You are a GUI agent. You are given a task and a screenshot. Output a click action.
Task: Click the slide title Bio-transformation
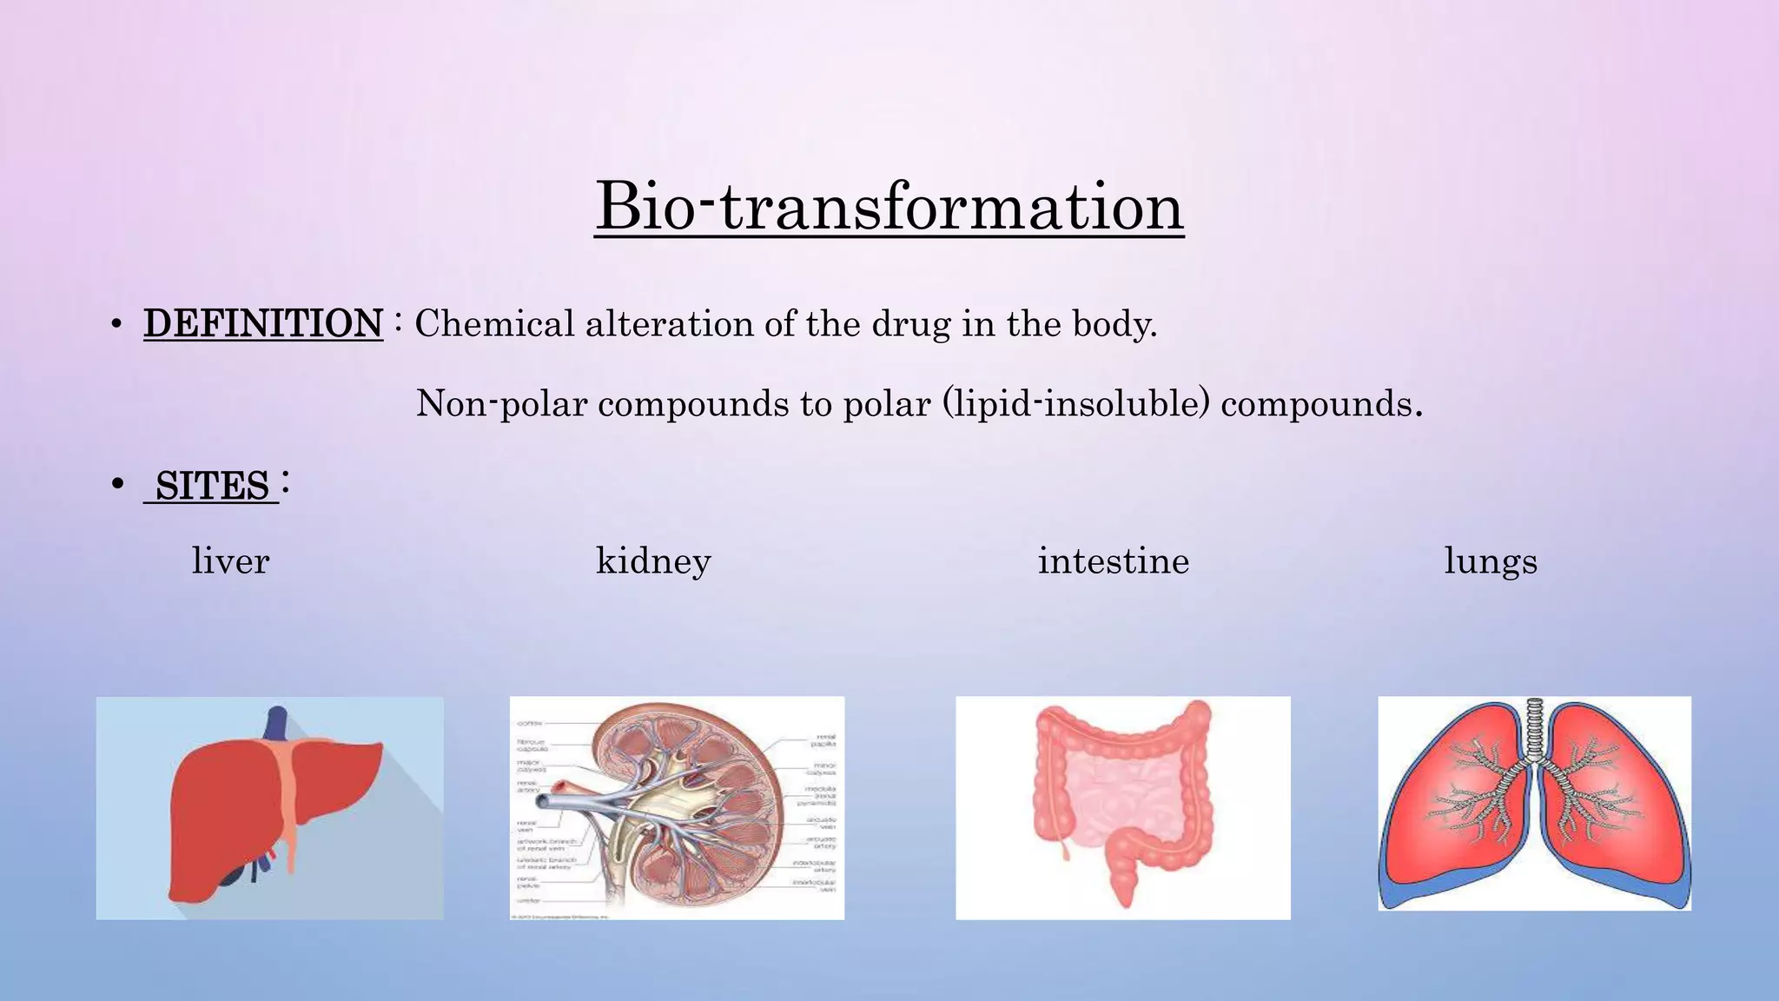tap(889, 207)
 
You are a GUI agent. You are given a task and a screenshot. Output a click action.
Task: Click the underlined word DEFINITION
tap(263, 323)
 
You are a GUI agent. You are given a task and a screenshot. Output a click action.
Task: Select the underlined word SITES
tap(212, 486)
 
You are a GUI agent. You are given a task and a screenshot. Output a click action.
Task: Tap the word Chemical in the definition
tap(494, 323)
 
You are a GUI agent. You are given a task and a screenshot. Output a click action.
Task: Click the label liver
tap(230, 560)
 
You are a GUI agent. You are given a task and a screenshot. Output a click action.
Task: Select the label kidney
tap(653, 560)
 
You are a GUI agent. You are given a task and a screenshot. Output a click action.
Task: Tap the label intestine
tap(1114, 560)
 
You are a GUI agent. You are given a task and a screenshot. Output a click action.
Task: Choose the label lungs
tap(1491, 560)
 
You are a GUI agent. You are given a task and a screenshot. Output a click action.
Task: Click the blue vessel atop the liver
tap(276, 722)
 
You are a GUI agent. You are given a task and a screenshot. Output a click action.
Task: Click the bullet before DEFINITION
tap(116, 325)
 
